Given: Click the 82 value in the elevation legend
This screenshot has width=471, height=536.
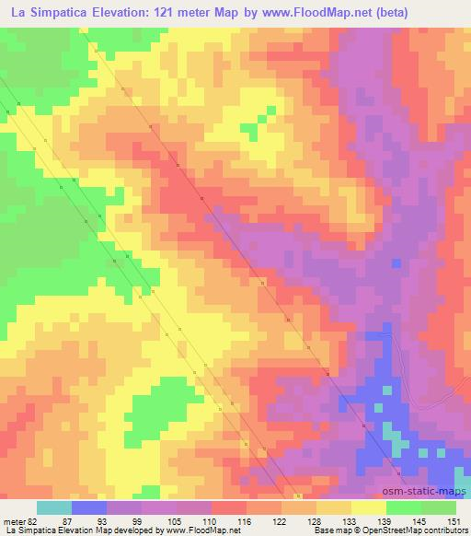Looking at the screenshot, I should tap(34, 520).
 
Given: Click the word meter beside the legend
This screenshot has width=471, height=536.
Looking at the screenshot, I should tap(14, 520).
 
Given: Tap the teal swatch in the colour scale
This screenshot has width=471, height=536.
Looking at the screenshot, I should tap(54, 507).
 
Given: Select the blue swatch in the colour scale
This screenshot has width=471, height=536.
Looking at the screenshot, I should tap(89, 507).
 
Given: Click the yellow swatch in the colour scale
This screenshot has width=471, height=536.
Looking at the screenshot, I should tap(369, 507).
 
